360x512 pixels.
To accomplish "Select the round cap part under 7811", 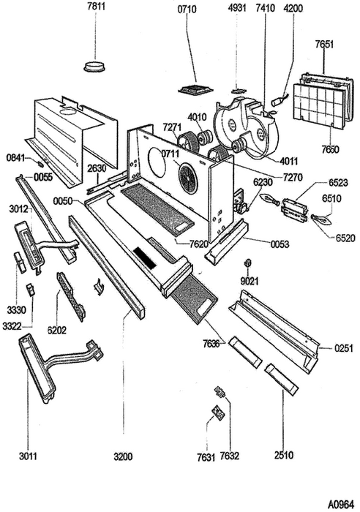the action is point(94,66).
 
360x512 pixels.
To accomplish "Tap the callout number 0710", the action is point(187,10).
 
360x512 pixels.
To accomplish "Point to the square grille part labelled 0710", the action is point(195,89).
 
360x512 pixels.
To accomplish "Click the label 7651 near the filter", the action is point(324,44).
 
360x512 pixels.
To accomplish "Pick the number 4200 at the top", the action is point(293,8).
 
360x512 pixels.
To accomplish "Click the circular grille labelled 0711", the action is point(188,177).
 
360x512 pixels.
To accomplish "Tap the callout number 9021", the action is point(250,281).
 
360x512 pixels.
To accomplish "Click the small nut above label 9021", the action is point(247,262).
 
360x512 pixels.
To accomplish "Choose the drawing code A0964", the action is point(341,505).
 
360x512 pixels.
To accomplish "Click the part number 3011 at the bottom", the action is point(28,456).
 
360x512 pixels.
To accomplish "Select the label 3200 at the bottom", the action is point(123,456).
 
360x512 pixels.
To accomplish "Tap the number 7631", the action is point(206,457).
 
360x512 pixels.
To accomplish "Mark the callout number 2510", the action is point(284,455).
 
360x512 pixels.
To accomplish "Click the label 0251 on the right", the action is point(344,348).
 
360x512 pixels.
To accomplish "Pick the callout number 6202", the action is point(57,330).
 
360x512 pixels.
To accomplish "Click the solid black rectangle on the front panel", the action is point(146,258).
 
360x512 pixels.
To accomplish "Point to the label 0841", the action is point(15,158).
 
